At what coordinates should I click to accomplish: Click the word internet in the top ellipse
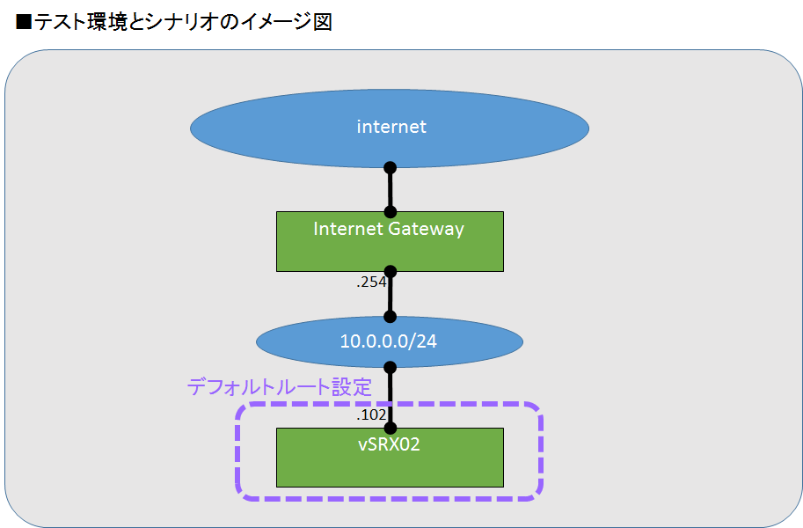pyautogui.click(x=391, y=127)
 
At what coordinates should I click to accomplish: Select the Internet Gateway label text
pyautogui.click(x=388, y=229)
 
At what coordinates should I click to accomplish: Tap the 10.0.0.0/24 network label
pyautogui.click(x=388, y=341)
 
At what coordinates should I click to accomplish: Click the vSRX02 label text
pyautogui.click(x=389, y=444)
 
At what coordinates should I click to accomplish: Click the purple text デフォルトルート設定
pyautogui.click(x=279, y=386)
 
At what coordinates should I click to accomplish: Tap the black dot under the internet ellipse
pyautogui.click(x=391, y=167)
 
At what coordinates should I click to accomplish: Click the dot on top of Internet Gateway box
pyautogui.click(x=391, y=212)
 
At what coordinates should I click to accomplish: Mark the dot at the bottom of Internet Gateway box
pyautogui.click(x=391, y=272)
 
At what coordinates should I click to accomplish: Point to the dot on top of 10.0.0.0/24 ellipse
pyautogui.click(x=391, y=317)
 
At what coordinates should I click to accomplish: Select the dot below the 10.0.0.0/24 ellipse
pyautogui.click(x=391, y=366)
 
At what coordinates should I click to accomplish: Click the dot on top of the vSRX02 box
pyautogui.click(x=391, y=428)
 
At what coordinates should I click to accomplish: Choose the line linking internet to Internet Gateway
pyautogui.click(x=391, y=189)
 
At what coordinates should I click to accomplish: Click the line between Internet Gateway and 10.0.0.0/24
pyautogui.click(x=391, y=295)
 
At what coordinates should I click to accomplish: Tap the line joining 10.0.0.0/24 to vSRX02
pyautogui.click(x=391, y=397)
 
